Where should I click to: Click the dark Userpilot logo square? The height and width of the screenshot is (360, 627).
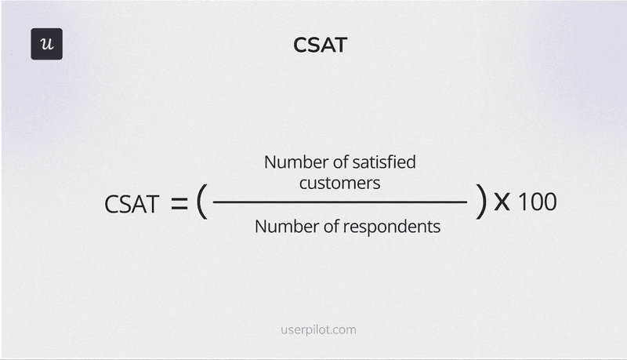coord(46,44)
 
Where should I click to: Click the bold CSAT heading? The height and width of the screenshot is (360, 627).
coord(320,45)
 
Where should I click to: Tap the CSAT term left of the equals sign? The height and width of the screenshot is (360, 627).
coord(132,205)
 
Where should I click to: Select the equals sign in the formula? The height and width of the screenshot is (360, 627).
coord(179,205)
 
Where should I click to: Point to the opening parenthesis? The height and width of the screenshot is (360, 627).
coord(201,203)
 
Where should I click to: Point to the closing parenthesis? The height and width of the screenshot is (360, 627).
coord(480,203)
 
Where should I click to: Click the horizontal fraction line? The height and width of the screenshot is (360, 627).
coord(340,202)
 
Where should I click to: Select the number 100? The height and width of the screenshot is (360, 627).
coord(538,202)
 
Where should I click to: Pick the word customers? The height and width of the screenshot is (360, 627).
coord(340,183)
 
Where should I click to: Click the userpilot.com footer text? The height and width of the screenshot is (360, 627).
coord(318,330)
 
